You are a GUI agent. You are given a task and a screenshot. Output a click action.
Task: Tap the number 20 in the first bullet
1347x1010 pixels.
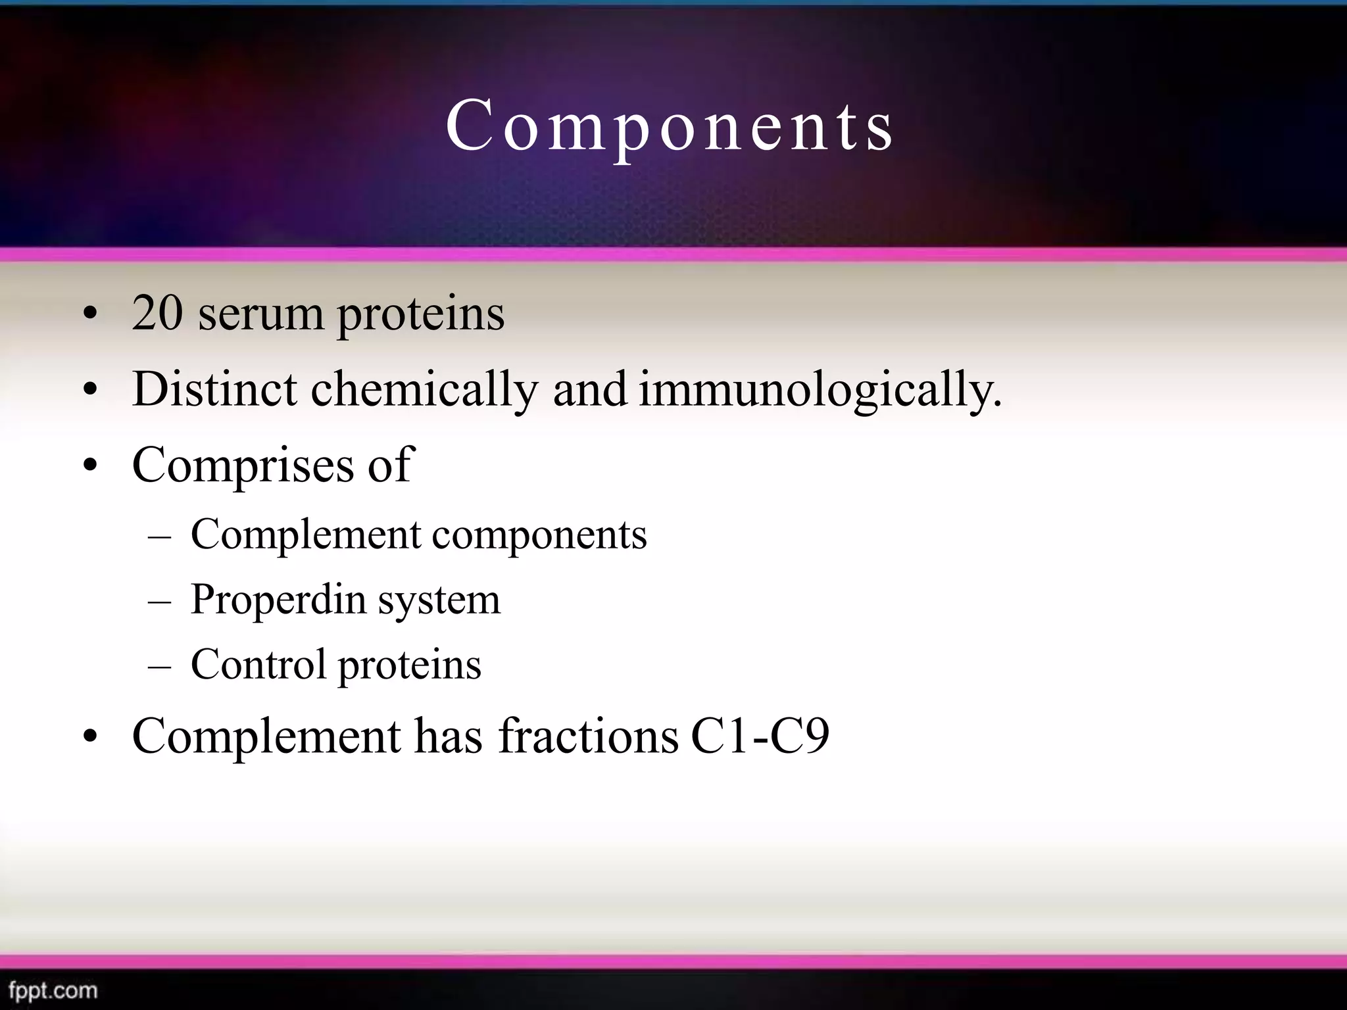pyautogui.click(x=157, y=313)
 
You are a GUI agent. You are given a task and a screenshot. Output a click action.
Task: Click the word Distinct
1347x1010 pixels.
pyautogui.click(x=214, y=389)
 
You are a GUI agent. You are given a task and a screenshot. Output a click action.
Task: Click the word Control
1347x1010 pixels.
pyautogui.click(x=258, y=664)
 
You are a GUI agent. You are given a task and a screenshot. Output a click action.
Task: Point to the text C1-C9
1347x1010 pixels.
pyautogui.click(x=760, y=736)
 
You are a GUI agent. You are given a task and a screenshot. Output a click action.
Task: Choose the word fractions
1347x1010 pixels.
pyautogui.click(x=589, y=736)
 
